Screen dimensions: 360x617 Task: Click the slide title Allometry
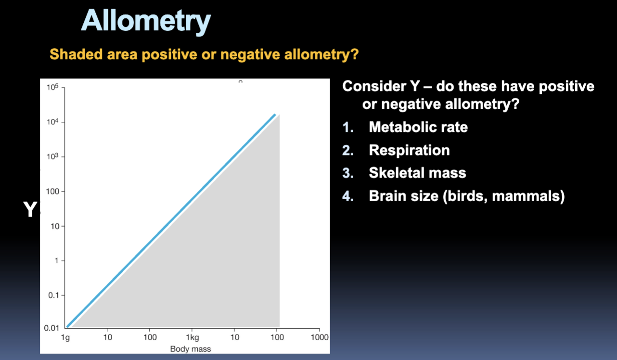tap(146, 20)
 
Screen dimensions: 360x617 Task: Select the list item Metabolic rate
tap(418, 127)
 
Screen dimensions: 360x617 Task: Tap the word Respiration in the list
tap(409, 150)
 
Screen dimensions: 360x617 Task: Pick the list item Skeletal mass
tap(417, 173)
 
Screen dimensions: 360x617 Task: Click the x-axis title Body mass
tap(190, 348)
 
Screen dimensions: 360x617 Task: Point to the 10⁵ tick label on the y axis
tap(52, 88)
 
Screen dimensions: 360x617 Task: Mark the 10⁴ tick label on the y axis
tap(52, 122)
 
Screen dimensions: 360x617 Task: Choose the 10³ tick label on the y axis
tap(52, 157)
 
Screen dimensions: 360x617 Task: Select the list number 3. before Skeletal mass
tap(348, 173)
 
